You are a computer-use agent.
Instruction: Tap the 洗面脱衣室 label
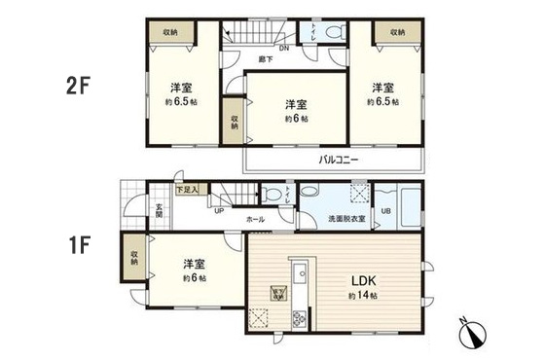tap(347, 218)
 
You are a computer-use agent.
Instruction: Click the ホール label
tap(256, 219)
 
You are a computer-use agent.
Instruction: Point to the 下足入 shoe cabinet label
tap(187, 191)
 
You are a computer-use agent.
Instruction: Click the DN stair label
tap(284, 47)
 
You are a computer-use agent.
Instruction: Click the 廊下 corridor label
tap(265, 60)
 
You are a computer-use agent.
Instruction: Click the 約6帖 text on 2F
tap(297, 119)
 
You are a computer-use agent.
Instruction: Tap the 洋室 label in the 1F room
tap(190, 263)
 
